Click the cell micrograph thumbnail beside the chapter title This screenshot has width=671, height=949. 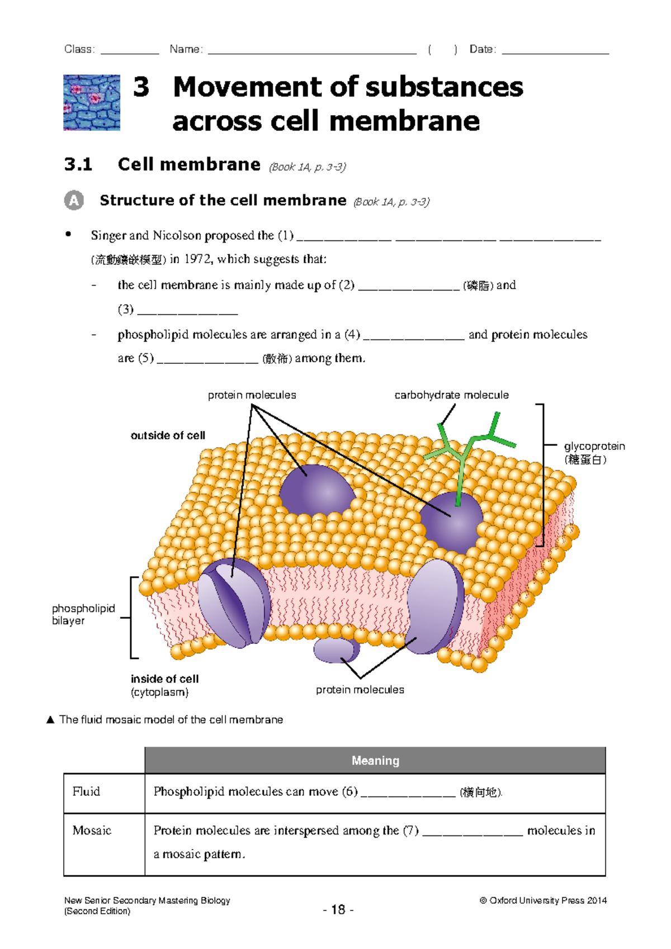pos(92,102)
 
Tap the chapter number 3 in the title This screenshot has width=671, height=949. pos(141,87)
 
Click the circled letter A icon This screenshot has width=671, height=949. pos(74,200)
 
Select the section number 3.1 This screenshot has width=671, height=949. pos(78,165)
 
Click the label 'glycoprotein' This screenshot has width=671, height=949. pos(594,446)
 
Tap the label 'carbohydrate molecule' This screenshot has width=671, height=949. pos(451,395)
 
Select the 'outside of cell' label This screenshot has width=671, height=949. pos(168,435)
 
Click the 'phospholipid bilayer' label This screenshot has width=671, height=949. pos(83,614)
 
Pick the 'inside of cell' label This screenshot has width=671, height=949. pos(164,679)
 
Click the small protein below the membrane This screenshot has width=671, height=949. pos(335,650)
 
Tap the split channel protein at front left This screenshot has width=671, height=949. pos(234,602)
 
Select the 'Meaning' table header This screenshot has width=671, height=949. pos(375,761)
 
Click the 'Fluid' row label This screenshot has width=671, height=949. pos(86,791)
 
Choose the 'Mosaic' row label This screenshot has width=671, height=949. pos(92,831)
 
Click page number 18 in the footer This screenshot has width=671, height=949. pos(338,910)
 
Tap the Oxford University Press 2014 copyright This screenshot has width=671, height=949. pos(543,900)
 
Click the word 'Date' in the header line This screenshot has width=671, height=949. pos(481,49)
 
